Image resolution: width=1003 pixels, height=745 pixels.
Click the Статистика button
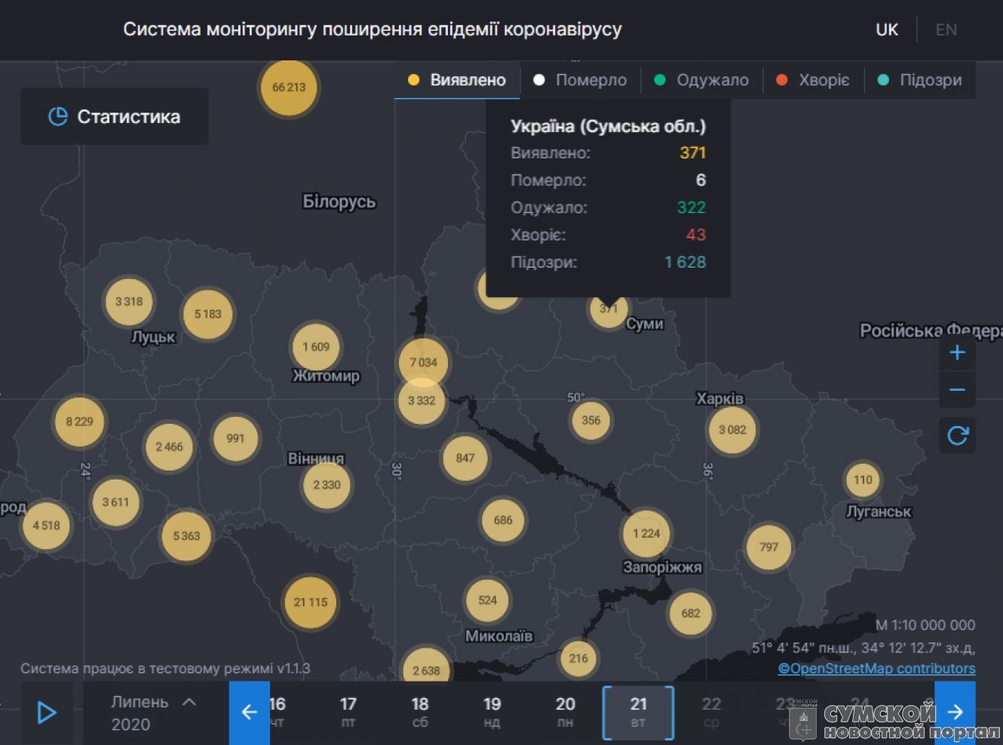(x=115, y=117)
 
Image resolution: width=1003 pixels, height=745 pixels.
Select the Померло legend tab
(x=580, y=80)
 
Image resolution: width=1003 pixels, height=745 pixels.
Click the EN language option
(x=946, y=29)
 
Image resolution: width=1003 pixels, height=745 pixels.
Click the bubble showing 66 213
(x=289, y=87)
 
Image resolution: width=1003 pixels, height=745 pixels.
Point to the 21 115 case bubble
(x=311, y=602)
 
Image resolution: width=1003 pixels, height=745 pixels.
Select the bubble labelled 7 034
(x=423, y=362)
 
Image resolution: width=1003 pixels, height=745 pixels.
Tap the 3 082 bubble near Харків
(x=732, y=430)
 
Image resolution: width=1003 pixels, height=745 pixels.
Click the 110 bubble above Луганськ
(x=863, y=480)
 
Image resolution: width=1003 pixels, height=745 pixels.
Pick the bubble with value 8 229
(x=79, y=422)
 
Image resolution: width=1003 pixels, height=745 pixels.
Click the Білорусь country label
(x=339, y=201)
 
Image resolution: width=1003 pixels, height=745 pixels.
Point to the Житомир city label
(x=326, y=376)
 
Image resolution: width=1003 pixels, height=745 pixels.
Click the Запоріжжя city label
(x=662, y=567)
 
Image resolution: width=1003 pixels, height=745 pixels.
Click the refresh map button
(x=957, y=435)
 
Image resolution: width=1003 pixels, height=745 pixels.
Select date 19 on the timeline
(x=492, y=711)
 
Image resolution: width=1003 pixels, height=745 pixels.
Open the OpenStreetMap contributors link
(x=876, y=668)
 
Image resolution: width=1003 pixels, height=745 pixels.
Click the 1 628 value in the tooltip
(x=685, y=262)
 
